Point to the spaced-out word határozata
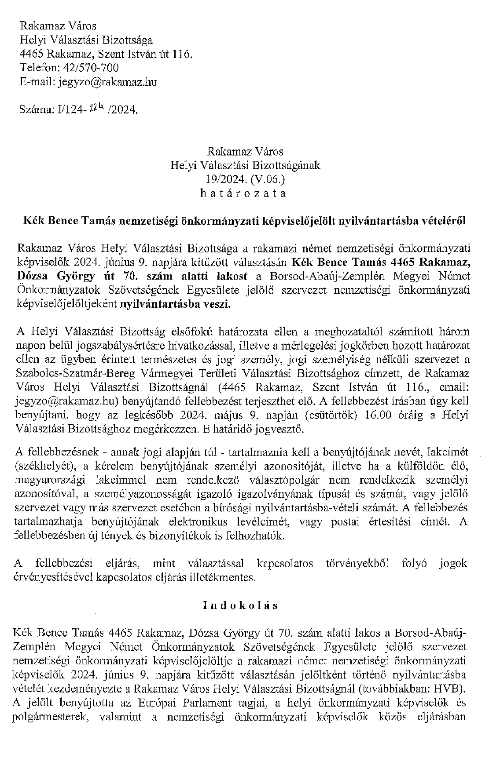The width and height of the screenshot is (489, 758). tap(243, 193)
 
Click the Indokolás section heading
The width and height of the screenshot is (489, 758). tap(240, 605)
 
